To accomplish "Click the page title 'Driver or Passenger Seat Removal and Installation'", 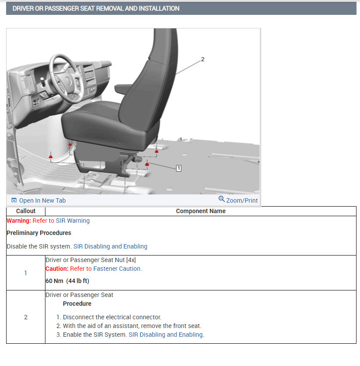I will coord(96,8).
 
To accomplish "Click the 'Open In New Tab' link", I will coord(42,200).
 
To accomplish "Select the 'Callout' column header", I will coord(26,211).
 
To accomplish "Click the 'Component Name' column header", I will coord(201,211).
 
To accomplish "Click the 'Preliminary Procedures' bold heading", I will coord(39,233).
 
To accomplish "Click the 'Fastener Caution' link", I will coord(117,269).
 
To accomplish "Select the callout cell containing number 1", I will coord(26,273).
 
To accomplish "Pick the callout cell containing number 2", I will coord(26,317).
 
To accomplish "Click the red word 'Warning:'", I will coord(19,221).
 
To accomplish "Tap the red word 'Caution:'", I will coord(57,269).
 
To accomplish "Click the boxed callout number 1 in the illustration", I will coord(178,168).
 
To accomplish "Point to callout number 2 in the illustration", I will coord(202,59).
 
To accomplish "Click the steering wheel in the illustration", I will coord(66,76).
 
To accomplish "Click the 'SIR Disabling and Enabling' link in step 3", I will coord(166,335).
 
